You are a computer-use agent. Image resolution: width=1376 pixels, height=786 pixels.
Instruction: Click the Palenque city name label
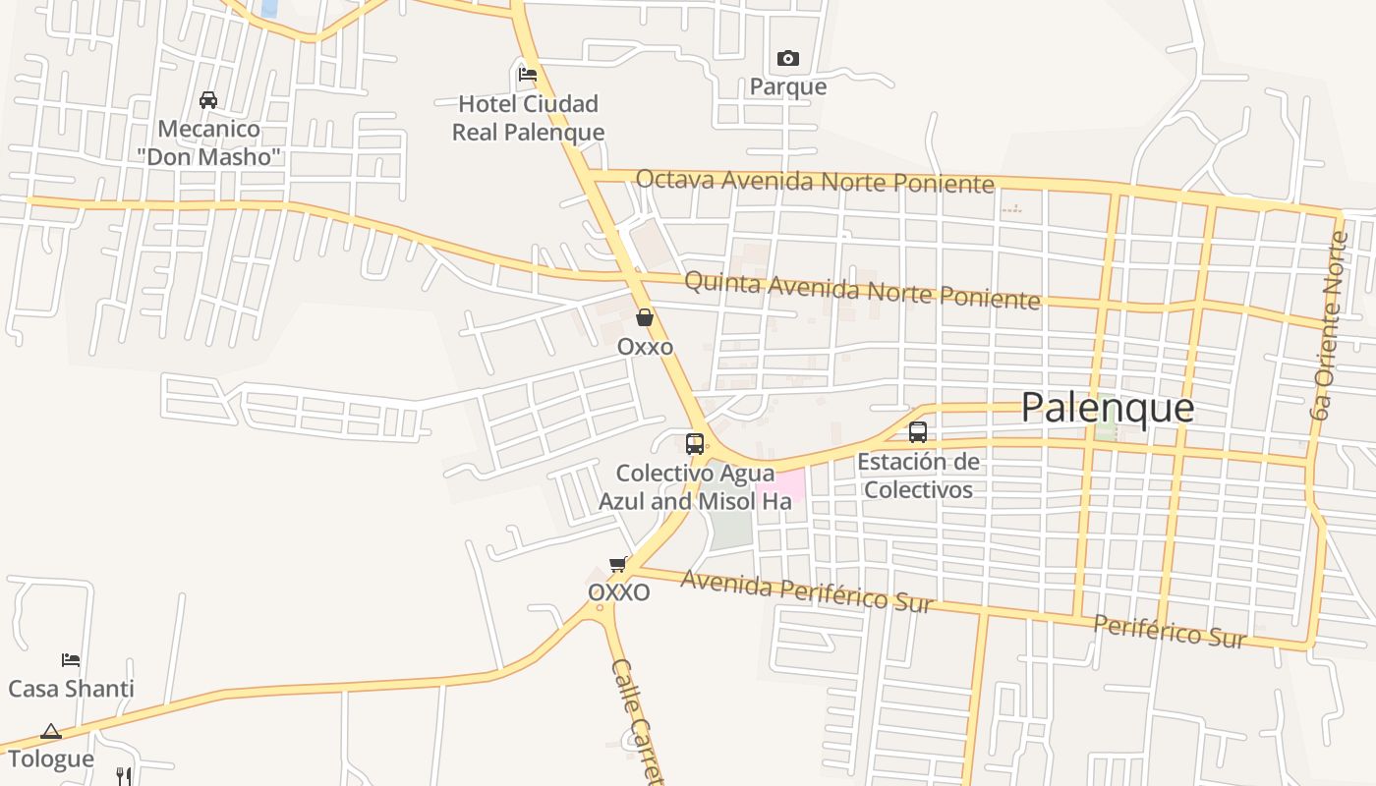point(1108,407)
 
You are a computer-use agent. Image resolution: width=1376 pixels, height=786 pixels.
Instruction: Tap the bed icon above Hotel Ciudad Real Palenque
point(528,74)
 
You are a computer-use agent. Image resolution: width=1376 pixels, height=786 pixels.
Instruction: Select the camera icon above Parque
point(787,59)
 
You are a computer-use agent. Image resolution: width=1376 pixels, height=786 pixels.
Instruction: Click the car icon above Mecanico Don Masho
point(208,100)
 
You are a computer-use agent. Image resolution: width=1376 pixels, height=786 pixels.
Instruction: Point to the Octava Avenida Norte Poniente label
point(815,181)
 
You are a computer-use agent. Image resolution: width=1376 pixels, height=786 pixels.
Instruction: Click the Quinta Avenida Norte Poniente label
point(861,290)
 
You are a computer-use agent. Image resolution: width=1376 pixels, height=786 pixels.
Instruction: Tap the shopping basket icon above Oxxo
point(645,317)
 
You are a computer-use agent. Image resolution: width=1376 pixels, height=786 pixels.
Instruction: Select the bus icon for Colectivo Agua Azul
point(695,443)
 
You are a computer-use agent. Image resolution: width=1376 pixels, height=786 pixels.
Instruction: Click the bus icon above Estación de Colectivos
point(917,432)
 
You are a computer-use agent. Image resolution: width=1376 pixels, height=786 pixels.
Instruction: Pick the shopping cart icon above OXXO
point(618,564)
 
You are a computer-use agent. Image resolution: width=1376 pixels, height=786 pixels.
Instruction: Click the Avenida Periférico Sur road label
point(806,590)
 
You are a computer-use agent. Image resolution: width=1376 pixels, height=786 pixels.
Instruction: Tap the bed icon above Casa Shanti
point(71,659)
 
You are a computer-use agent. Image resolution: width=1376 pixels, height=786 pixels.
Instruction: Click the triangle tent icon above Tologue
point(51,731)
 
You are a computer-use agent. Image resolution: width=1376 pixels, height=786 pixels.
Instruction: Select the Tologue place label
point(51,758)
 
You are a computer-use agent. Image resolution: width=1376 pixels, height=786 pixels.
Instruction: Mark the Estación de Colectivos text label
point(918,476)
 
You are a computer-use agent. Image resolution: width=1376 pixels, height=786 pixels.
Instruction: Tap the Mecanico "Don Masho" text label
point(208,142)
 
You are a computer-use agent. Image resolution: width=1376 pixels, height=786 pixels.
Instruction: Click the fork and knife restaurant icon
point(124,776)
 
